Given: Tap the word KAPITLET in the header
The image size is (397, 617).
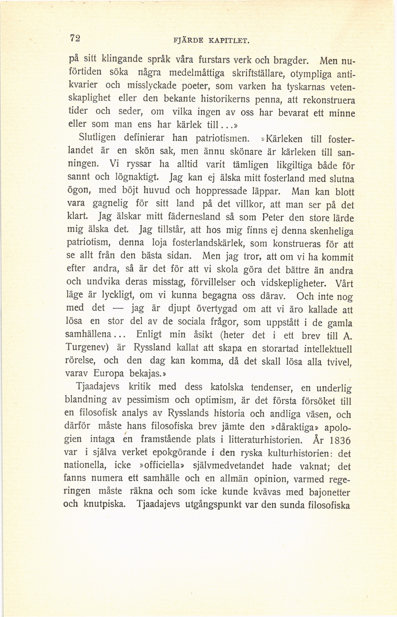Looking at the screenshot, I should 229,40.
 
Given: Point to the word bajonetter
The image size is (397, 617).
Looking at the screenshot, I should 329,492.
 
